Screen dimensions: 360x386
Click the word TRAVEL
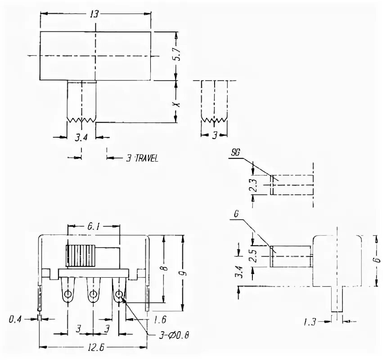146,158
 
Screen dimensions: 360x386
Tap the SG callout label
235,153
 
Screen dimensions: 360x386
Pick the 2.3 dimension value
253,185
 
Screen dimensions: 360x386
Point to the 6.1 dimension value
94,228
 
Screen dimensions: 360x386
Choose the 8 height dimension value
165,269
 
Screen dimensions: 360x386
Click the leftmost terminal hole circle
68,295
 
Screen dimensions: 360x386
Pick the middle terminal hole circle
94,295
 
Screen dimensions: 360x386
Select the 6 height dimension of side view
375,260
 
